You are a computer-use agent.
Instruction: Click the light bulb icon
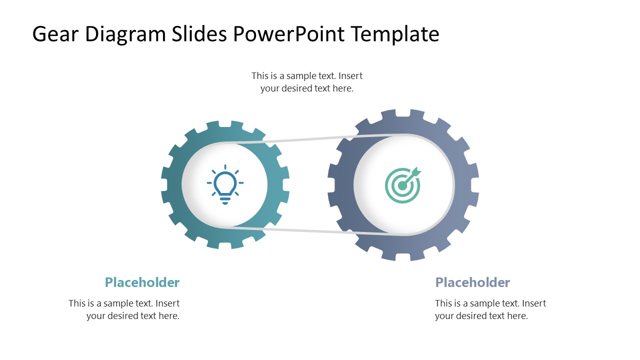click(x=225, y=184)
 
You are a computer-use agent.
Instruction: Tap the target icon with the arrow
click(x=403, y=185)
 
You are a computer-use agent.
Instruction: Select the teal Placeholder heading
click(x=142, y=282)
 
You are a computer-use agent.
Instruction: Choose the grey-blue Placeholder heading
click(x=472, y=282)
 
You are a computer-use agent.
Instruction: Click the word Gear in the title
click(x=55, y=34)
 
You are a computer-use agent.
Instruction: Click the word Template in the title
click(x=395, y=34)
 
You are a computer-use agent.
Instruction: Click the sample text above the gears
click(x=307, y=82)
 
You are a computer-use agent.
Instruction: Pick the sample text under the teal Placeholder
click(x=124, y=309)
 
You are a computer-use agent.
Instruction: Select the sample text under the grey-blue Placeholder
click(x=490, y=309)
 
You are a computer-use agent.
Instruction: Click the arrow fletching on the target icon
click(x=416, y=173)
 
